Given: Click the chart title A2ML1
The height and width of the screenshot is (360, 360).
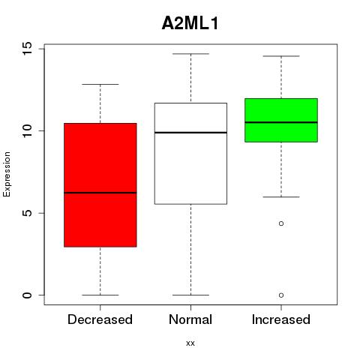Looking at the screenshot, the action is (x=190, y=23).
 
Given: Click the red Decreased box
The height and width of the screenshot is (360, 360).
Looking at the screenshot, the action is (x=100, y=185).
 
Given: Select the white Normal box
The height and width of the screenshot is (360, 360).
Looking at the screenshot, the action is (x=190, y=154).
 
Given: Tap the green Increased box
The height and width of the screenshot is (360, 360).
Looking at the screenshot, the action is (x=281, y=120).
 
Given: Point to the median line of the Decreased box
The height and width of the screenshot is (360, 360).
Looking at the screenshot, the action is (x=100, y=193).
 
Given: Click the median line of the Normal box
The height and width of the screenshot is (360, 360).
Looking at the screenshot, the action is (x=190, y=133).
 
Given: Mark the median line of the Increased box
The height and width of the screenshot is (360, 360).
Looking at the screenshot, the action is (x=281, y=122).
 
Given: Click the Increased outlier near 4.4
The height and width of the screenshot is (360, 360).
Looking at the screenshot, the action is (x=281, y=223).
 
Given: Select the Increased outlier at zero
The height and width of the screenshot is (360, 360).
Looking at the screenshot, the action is (x=281, y=295).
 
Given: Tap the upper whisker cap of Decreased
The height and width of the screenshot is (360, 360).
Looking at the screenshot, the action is (x=100, y=85).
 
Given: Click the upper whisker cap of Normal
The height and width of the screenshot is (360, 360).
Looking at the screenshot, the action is (x=190, y=54).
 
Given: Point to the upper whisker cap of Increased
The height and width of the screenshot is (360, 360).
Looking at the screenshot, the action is (x=281, y=56).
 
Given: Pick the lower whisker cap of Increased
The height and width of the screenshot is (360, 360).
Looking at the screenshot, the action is (x=281, y=197).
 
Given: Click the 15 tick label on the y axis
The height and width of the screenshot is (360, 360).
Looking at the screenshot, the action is (x=27, y=49).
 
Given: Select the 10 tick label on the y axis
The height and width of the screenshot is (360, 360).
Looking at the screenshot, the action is (x=27, y=130).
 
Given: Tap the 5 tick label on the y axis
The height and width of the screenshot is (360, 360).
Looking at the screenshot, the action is (x=27, y=213).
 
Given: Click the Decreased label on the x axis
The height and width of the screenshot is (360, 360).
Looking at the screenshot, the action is (x=100, y=319).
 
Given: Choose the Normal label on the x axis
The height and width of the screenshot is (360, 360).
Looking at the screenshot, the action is (x=190, y=319).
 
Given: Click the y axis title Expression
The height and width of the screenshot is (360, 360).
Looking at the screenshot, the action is (x=7, y=174).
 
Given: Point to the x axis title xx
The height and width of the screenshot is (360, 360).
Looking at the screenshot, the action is (x=190, y=343).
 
